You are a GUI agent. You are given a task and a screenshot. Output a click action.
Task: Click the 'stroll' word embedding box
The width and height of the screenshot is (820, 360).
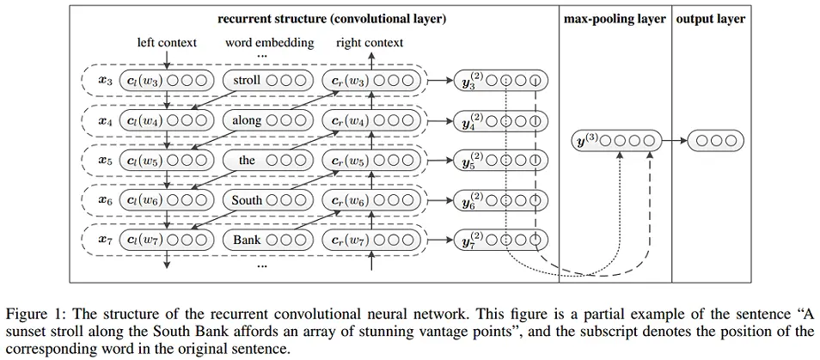[268, 81]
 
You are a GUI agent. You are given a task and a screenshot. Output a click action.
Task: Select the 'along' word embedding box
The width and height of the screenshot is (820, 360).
[268, 120]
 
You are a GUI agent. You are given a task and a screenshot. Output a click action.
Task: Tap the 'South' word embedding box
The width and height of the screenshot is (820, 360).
[268, 200]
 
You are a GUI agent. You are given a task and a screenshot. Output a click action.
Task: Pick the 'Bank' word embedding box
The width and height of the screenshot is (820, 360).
[268, 240]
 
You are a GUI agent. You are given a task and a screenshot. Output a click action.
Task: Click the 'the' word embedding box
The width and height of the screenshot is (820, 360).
[268, 161]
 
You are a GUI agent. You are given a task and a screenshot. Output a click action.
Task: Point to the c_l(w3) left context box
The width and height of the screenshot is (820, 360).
[168, 81]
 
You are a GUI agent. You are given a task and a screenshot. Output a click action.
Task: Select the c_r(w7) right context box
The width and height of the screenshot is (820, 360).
[371, 240]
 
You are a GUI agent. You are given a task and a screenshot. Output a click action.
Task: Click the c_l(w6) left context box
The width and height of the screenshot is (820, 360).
[168, 200]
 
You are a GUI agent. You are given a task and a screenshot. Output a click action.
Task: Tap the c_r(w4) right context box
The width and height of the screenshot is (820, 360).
[371, 120]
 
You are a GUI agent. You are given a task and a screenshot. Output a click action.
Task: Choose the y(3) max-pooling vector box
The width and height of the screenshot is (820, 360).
[616, 141]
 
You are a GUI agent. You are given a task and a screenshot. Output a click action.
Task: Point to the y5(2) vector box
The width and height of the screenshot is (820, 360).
[501, 161]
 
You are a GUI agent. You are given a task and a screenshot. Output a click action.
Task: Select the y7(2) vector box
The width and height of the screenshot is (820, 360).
[501, 240]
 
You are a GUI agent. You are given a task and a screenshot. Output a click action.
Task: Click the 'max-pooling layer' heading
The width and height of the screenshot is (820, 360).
[615, 20]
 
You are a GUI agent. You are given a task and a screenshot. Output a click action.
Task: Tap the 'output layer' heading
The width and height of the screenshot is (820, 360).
[711, 20]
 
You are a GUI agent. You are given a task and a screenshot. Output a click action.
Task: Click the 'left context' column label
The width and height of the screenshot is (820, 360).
[167, 43]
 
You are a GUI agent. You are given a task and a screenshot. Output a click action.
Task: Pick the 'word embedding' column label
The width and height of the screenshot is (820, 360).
[269, 43]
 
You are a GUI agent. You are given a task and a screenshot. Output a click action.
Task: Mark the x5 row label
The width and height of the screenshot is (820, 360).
[105, 161]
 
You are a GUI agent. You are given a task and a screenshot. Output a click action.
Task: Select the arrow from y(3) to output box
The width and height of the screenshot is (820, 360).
[675, 141]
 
